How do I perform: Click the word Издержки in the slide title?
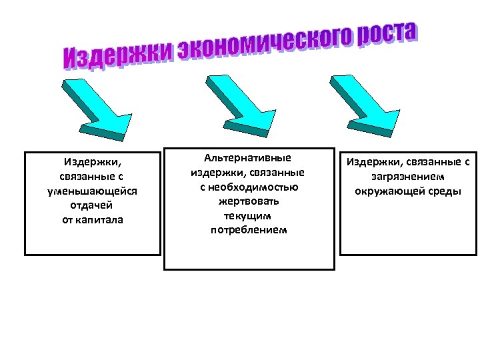pos(117,53)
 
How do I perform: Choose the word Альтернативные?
pos(248,158)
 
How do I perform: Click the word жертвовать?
pos(248,201)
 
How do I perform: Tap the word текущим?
pos(248,216)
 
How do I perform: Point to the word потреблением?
pos(248,230)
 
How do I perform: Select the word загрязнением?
pos(408,177)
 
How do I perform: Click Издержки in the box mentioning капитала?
pos(93,161)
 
